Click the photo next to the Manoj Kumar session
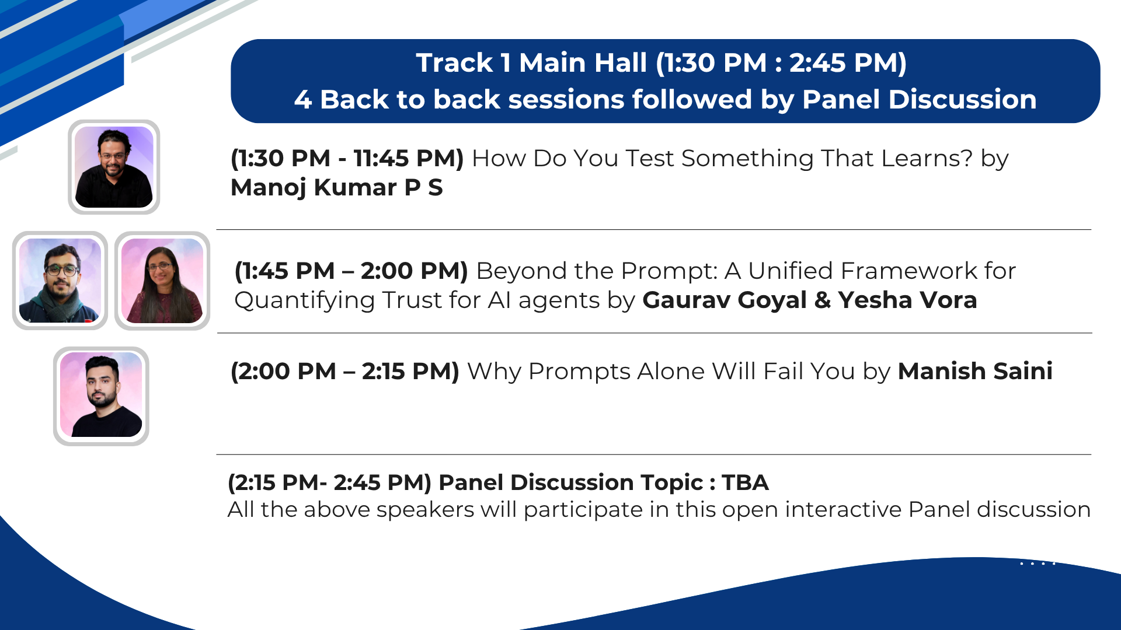[x=114, y=167]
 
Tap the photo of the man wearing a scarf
[x=60, y=281]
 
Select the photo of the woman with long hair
[x=162, y=281]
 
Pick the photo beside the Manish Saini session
[x=101, y=396]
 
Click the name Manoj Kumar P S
[x=337, y=188]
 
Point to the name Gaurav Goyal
[x=725, y=300]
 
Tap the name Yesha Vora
[x=907, y=300]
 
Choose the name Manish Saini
[x=975, y=371]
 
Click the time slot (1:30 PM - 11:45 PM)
[x=347, y=159]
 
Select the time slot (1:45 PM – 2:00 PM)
[x=351, y=271]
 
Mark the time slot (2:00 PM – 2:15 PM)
[x=345, y=372]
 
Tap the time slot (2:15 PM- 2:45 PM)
[x=329, y=483]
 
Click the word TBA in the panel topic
[x=745, y=482]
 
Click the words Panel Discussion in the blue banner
[x=920, y=99]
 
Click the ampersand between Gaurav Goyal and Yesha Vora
[x=823, y=300]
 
